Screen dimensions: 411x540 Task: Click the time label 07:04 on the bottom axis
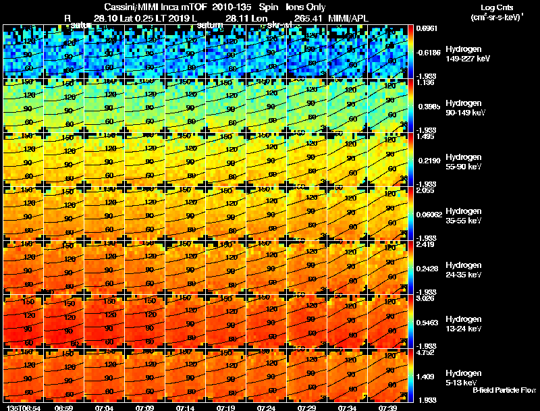click(x=104, y=408)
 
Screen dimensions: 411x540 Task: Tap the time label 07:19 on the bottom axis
click(x=225, y=408)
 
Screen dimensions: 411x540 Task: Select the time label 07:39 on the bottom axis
click(x=387, y=408)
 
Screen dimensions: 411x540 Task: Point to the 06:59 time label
click(x=63, y=408)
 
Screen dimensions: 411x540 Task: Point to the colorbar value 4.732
click(x=424, y=352)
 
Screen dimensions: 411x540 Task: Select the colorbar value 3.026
click(x=424, y=298)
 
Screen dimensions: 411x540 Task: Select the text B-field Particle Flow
click(x=504, y=389)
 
